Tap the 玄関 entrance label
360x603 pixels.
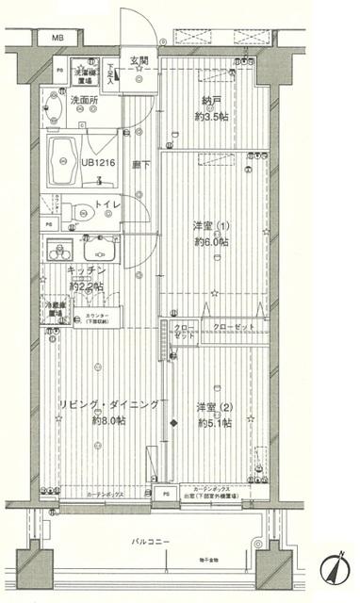[x=139, y=61]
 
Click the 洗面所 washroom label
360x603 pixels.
[x=85, y=99]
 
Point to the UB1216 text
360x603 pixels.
[x=98, y=162]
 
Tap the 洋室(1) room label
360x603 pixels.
[x=210, y=225]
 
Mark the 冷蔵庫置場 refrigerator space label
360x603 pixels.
[x=56, y=310]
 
